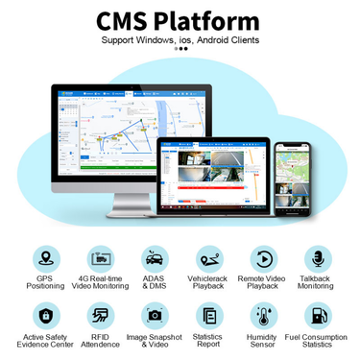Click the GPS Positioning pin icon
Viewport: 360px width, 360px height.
click(44, 258)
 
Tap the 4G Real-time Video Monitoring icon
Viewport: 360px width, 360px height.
click(100, 258)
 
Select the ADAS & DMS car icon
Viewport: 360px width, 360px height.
click(154, 258)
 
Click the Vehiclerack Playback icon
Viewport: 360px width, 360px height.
click(208, 258)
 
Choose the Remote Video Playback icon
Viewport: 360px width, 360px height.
click(262, 258)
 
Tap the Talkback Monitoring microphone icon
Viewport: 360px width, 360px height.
click(317, 258)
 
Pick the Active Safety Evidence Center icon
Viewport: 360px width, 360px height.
click(44, 314)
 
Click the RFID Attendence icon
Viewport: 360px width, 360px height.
click(100, 314)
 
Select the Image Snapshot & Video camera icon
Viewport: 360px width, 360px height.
click(154, 314)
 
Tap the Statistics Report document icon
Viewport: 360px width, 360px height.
click(208, 314)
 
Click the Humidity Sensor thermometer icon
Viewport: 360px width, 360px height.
click(262, 314)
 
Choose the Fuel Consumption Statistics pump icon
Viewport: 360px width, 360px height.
click(317, 314)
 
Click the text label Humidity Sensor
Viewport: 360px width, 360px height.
click(262, 343)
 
